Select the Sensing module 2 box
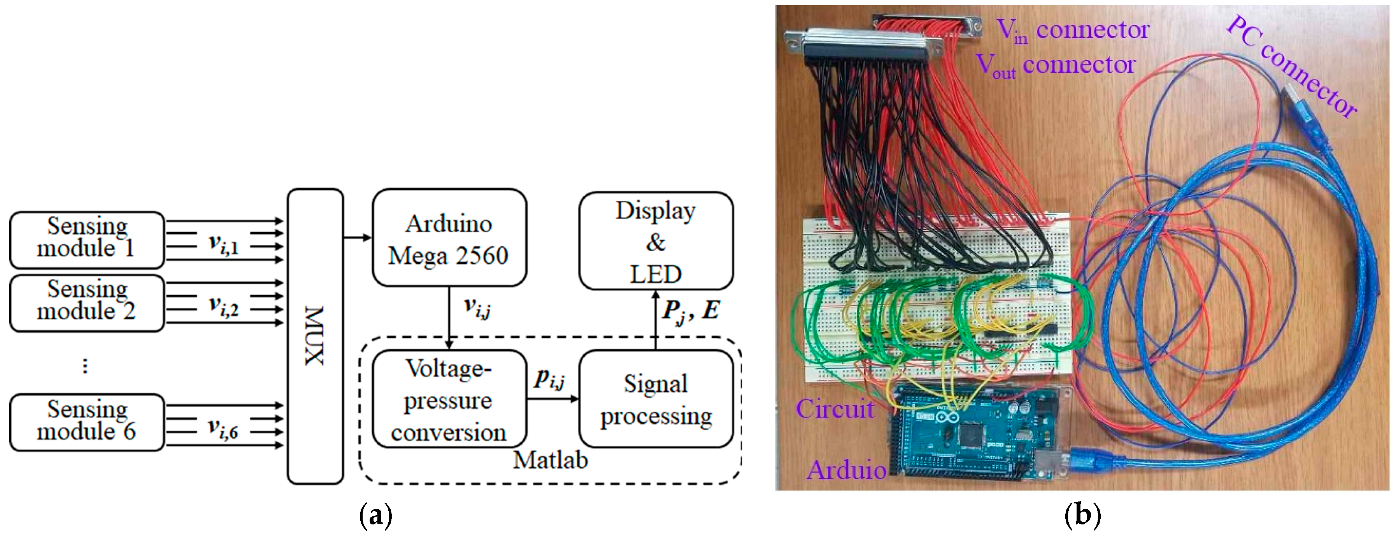coord(87,302)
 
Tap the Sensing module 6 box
coord(87,422)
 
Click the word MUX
coord(315,336)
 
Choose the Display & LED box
coord(656,242)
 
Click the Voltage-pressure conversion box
coord(449,400)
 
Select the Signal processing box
coord(656,400)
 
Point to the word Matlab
coord(550,460)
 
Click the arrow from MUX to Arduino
coord(358,237)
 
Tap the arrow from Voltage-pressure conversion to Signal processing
coord(553,399)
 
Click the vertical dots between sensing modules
coord(84,366)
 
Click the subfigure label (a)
coord(375,515)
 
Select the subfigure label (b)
coord(1082,515)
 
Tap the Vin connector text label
coord(1073,30)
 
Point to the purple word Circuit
coord(835,409)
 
